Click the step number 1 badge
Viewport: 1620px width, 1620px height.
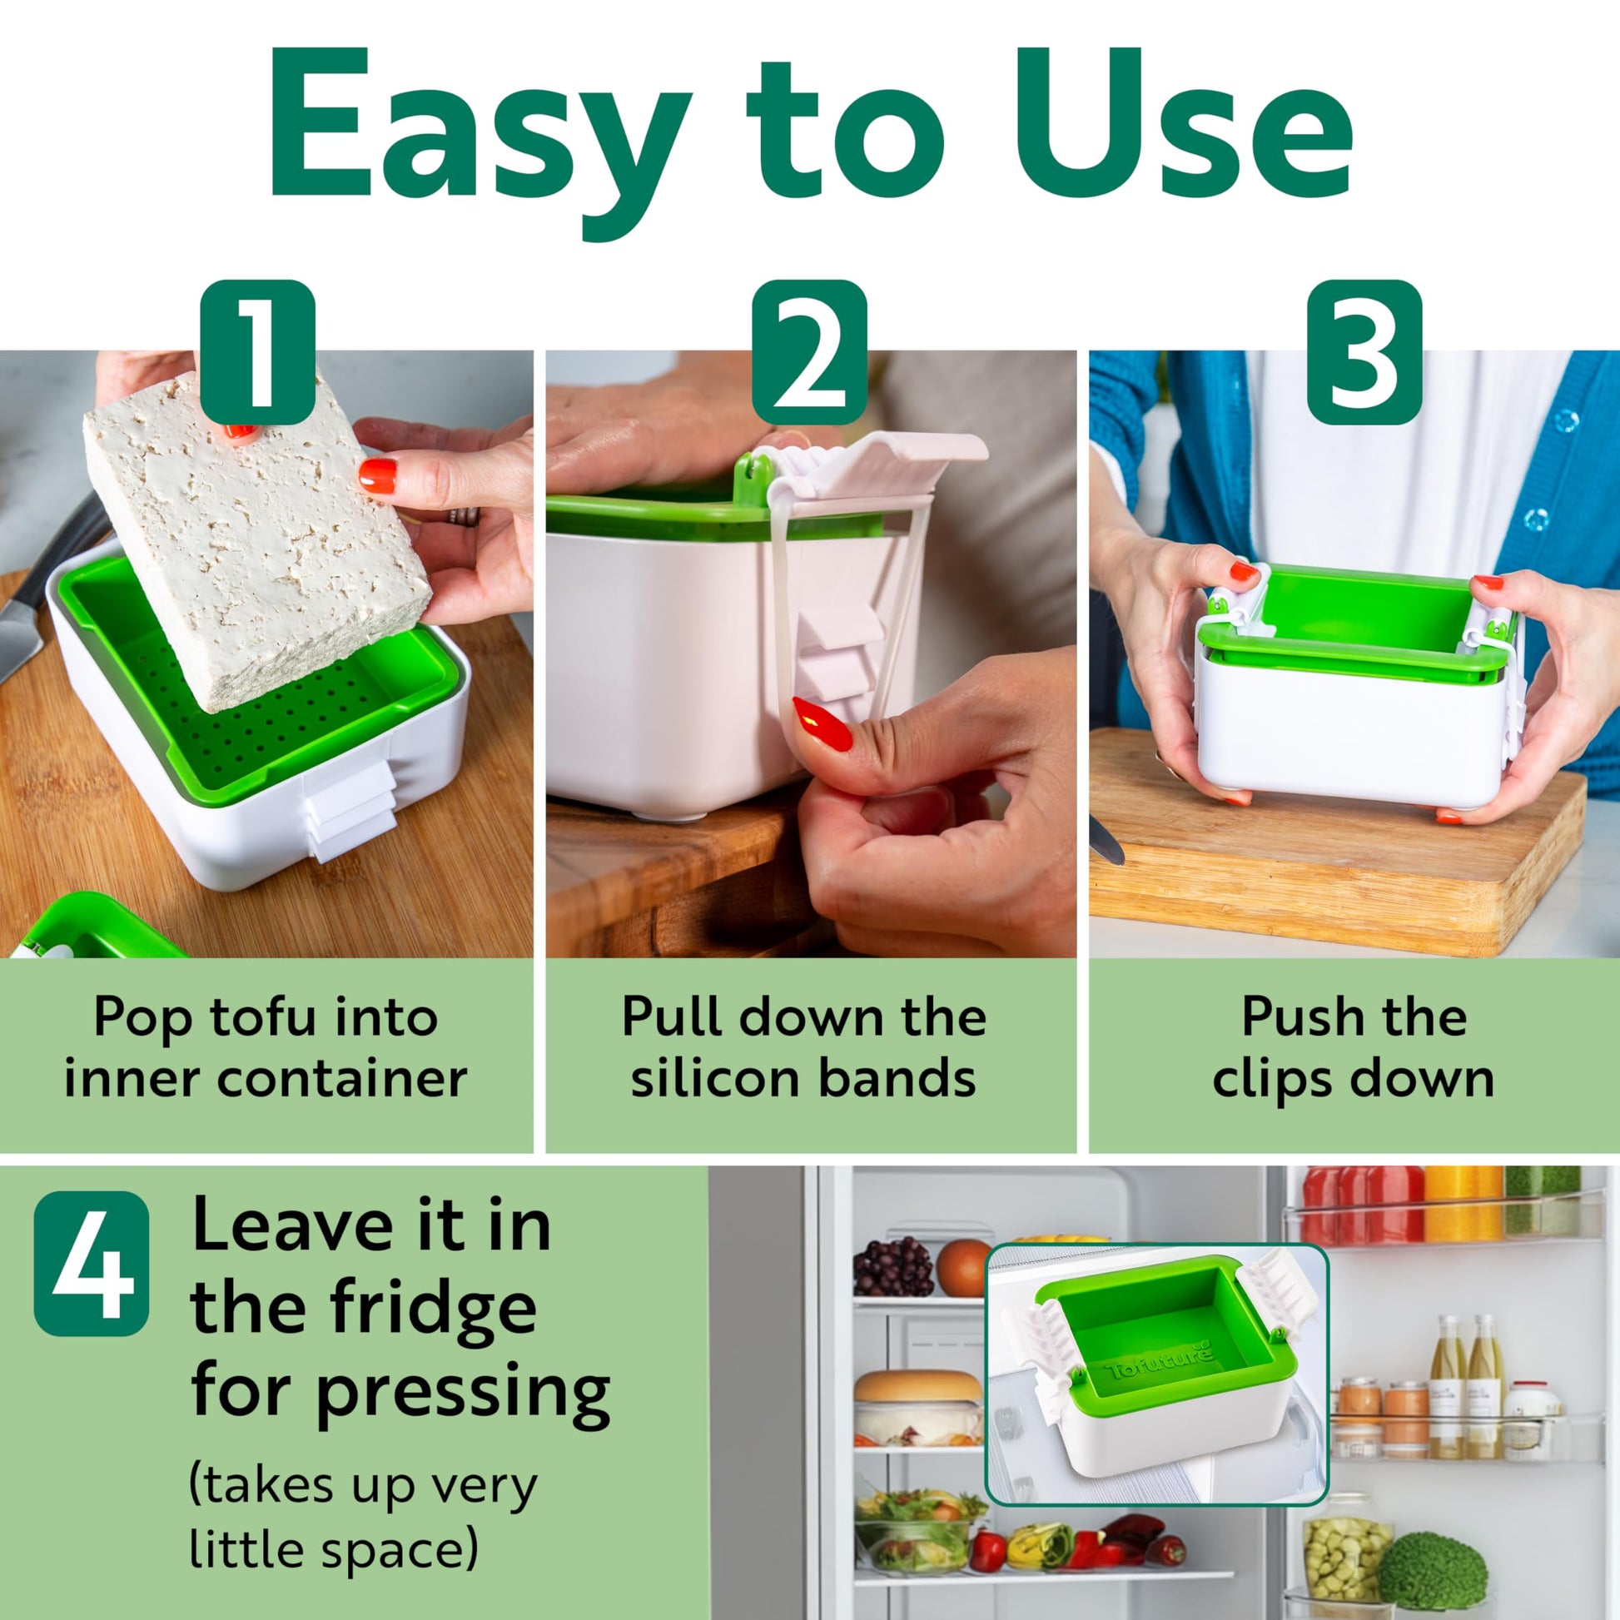click(257, 351)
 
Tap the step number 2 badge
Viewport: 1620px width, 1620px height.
click(809, 351)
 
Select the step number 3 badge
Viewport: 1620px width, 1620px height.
click(1364, 351)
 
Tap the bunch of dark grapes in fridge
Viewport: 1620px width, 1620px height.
click(892, 1267)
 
